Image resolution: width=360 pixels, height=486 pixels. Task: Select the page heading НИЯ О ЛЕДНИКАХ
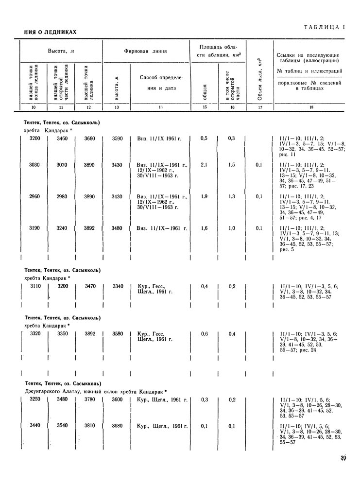tap(51, 33)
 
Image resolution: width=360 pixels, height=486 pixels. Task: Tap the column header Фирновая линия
tap(146, 50)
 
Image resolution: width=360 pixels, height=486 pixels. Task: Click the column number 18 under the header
tap(311, 107)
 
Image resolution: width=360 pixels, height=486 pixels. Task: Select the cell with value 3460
tap(62, 139)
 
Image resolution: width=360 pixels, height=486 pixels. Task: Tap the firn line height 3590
tap(117, 139)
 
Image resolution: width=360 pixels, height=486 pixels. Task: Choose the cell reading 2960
tap(34, 196)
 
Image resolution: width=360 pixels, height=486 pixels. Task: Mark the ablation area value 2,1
tap(205, 165)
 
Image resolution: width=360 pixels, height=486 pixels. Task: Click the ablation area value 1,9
tap(205, 196)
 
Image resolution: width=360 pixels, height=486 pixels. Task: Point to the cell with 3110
tap(34, 286)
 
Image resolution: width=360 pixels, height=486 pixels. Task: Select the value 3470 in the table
tap(90, 286)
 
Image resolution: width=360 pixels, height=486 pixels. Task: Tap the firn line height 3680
tap(117, 426)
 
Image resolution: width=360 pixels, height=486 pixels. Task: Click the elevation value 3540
tap(62, 426)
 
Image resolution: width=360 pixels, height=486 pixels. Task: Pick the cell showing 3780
tap(90, 399)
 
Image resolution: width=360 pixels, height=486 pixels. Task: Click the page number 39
tap(343, 457)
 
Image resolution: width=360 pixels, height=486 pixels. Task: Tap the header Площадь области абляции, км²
tap(218, 50)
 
